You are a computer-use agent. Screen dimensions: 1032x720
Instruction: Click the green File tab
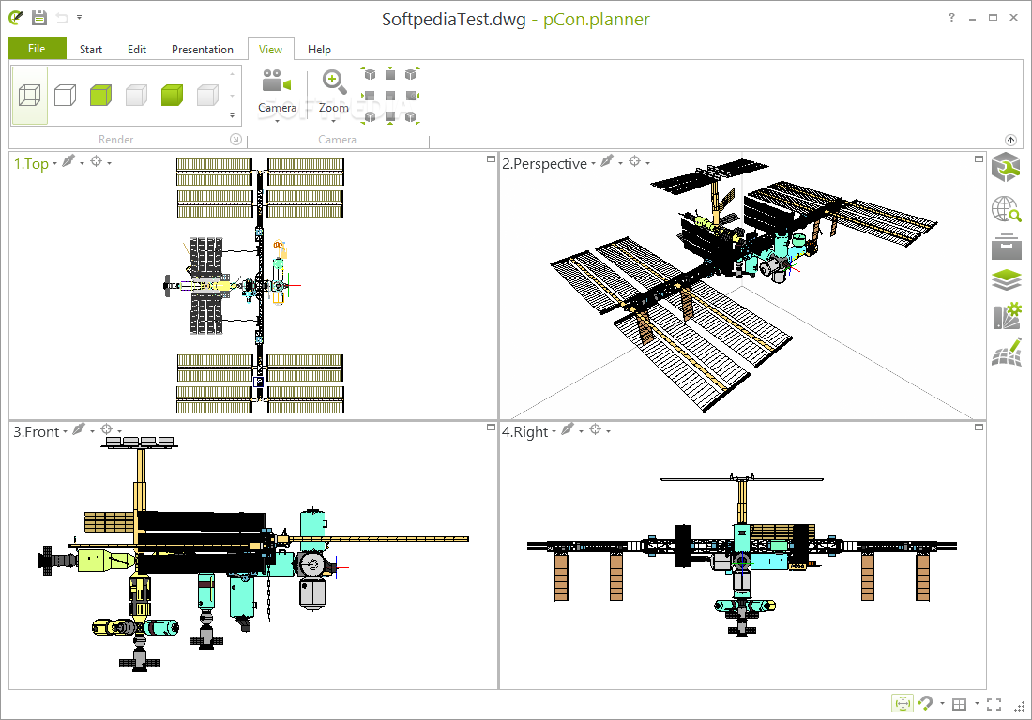(x=38, y=49)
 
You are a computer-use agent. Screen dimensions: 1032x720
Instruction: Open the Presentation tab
(x=202, y=50)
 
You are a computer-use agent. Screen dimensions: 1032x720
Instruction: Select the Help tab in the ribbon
(x=319, y=50)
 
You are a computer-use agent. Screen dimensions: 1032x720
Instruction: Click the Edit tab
(x=137, y=50)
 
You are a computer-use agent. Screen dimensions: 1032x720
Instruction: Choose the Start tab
(x=91, y=50)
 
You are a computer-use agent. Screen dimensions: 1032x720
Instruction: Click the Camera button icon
(x=277, y=82)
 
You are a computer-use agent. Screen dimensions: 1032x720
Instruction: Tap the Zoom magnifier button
(x=334, y=82)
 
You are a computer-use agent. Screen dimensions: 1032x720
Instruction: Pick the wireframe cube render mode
(x=30, y=96)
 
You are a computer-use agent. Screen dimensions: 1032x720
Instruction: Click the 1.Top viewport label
(x=31, y=163)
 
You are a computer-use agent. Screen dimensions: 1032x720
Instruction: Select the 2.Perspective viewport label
(x=544, y=164)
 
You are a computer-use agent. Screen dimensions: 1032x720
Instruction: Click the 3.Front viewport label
(x=37, y=432)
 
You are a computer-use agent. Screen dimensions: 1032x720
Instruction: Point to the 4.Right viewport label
(x=524, y=432)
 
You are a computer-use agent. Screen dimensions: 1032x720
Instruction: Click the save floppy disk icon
(x=39, y=18)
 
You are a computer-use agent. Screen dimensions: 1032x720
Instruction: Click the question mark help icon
(x=951, y=18)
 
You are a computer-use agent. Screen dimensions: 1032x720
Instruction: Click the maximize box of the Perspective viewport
(x=979, y=159)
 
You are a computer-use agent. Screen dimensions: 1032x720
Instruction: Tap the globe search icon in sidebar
(x=1007, y=209)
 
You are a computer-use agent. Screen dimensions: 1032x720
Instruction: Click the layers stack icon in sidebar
(x=1007, y=280)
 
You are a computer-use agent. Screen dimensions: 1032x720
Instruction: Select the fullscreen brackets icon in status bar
(x=994, y=704)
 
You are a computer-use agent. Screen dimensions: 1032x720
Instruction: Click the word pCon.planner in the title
(x=597, y=20)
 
